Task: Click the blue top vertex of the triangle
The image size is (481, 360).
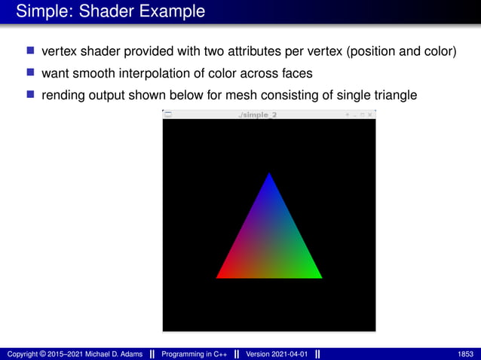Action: (269, 176)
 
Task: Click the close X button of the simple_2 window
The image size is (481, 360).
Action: (370, 114)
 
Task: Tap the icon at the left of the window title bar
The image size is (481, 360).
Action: (167, 114)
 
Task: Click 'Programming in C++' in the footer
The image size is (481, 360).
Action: (195, 353)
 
